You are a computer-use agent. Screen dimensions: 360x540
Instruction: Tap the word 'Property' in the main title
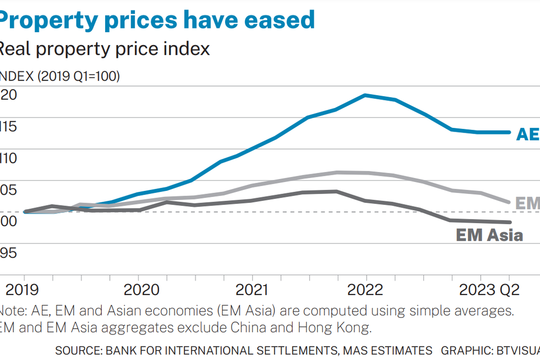(x=43, y=20)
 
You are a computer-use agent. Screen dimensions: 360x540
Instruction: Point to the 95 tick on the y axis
(x=9, y=252)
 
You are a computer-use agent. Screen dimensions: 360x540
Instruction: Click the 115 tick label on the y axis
(x=9, y=126)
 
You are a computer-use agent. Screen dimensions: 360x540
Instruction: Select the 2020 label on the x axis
(x=138, y=289)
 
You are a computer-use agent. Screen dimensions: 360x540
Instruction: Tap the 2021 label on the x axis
(x=252, y=289)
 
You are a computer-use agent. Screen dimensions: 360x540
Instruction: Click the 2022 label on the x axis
(x=366, y=289)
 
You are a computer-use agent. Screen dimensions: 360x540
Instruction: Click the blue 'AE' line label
(x=527, y=135)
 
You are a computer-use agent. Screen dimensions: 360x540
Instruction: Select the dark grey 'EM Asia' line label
(x=489, y=235)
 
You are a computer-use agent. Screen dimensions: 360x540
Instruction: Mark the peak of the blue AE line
(x=365, y=95)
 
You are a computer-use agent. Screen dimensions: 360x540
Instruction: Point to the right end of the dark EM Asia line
(x=509, y=222)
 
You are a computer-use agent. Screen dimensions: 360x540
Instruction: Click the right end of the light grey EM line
(x=509, y=202)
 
